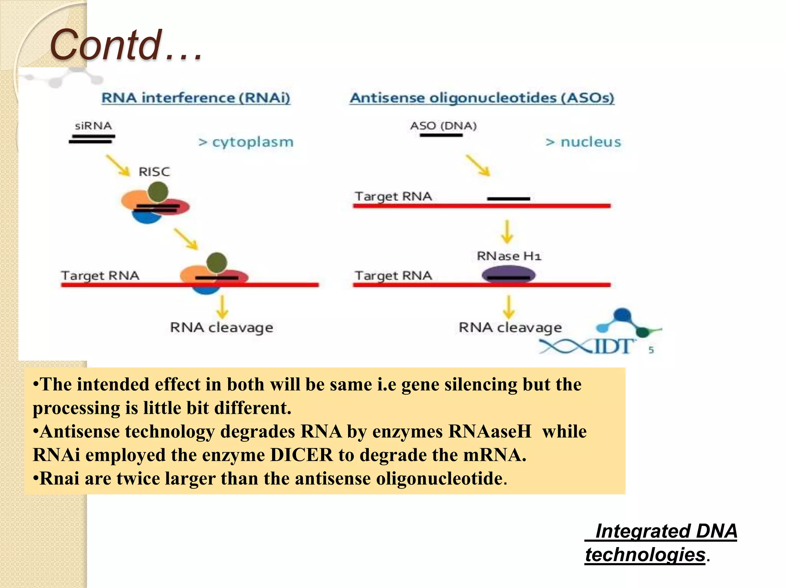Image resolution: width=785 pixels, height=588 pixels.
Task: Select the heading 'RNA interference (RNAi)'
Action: [x=196, y=98]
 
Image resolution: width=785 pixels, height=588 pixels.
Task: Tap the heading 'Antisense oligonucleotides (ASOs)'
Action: [x=482, y=98]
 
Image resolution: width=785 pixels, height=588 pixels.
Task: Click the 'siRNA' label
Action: [x=93, y=126]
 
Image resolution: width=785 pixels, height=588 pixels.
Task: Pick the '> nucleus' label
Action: [x=583, y=142]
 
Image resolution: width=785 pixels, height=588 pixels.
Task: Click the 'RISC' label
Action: [x=154, y=171]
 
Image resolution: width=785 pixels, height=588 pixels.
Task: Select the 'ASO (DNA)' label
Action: [x=443, y=126]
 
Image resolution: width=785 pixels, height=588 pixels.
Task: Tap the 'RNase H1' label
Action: [x=509, y=256]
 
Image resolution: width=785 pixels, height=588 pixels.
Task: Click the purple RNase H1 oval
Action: [x=508, y=274]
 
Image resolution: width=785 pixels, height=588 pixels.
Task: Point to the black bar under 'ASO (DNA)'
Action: [x=441, y=135]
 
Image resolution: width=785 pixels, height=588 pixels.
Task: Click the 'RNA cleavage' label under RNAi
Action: [x=222, y=328]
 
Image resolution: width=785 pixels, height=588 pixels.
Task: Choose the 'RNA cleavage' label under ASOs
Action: [x=510, y=328]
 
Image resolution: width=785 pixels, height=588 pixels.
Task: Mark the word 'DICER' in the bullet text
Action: [x=301, y=455]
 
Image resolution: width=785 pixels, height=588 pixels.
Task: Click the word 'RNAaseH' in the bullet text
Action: [x=490, y=431]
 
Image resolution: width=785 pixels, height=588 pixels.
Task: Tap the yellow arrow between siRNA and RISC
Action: [x=118, y=165]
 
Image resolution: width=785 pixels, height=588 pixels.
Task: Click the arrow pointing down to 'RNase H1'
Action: [x=507, y=231]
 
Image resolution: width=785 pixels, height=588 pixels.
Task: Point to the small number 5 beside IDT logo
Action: [x=651, y=350]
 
